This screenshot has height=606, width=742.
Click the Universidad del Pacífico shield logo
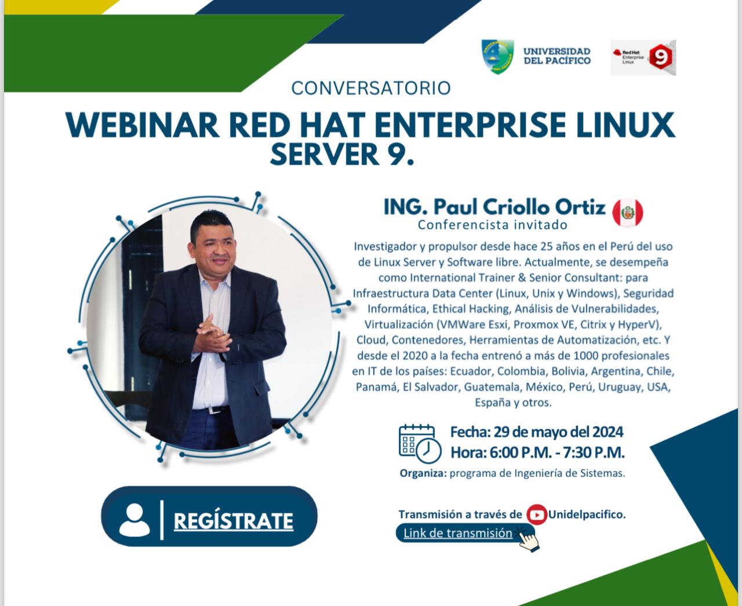[497, 56]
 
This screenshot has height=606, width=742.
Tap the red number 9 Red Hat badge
[660, 57]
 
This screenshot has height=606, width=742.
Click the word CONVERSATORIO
[371, 88]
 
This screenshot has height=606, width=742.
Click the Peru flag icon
[628, 213]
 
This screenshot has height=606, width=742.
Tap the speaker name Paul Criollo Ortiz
[519, 207]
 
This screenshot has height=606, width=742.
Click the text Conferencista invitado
[493, 225]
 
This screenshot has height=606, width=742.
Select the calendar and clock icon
[420, 444]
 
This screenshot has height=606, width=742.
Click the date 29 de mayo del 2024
[558, 432]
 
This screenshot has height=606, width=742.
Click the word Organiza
[423, 473]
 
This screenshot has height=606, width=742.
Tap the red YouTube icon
[537, 515]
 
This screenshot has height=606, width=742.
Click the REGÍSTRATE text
[233, 521]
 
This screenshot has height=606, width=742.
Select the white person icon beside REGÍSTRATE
[134, 520]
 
